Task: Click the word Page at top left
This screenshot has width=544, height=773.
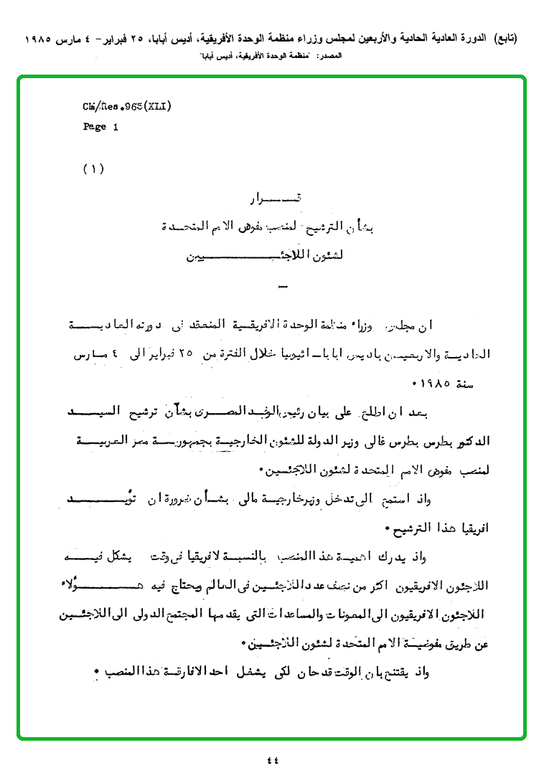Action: pos(95,127)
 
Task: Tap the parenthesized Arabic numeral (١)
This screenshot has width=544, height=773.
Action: pos(93,169)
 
